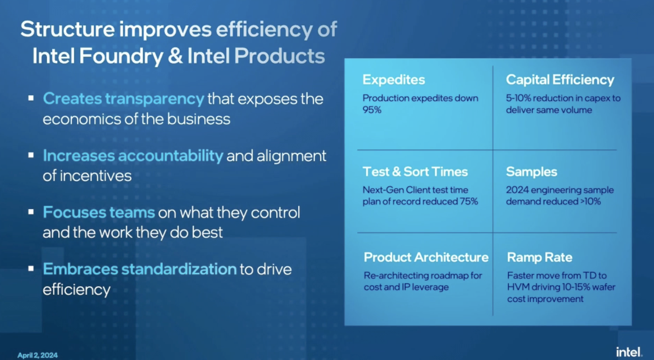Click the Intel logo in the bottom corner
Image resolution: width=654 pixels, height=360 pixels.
(x=629, y=352)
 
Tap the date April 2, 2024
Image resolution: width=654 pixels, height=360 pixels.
(x=38, y=355)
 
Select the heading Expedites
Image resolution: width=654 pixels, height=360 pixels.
(x=393, y=80)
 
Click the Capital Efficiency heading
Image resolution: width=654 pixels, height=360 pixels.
(x=560, y=80)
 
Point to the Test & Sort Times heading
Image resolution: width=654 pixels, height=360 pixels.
(x=415, y=172)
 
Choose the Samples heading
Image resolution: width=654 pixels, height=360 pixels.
(x=531, y=172)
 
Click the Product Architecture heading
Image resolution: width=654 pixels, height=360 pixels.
(x=426, y=258)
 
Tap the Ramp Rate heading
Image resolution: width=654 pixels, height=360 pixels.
(x=539, y=258)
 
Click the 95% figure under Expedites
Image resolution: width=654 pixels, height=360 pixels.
(x=372, y=110)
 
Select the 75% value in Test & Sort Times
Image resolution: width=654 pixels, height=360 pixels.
(x=468, y=202)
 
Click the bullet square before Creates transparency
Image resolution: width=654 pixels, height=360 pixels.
(x=31, y=98)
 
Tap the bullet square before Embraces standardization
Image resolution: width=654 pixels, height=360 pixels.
(x=31, y=268)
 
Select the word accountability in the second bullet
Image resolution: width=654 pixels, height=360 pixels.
(x=170, y=156)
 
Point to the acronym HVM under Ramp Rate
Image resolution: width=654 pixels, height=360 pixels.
(x=518, y=287)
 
